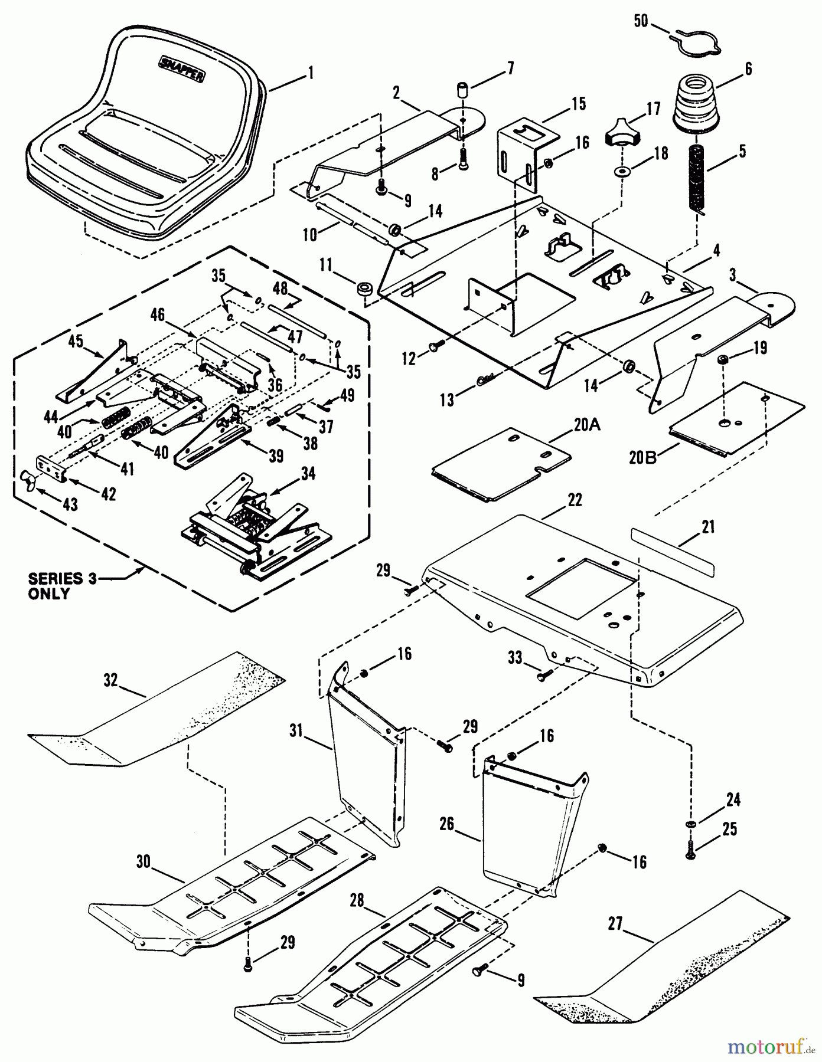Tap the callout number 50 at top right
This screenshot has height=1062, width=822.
coord(641,21)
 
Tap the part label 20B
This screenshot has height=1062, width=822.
coord(642,457)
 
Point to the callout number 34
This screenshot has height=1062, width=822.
coord(308,474)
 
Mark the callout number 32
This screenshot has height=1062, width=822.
coord(110,680)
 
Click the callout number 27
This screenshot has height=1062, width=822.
coord(615,923)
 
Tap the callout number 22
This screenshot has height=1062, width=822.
coord(574,500)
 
